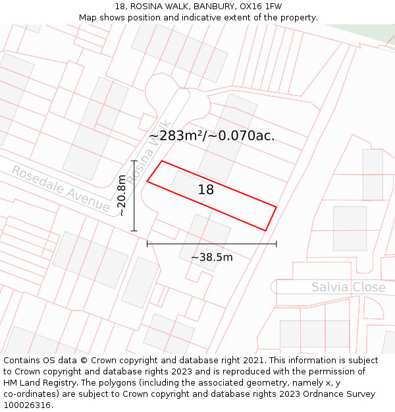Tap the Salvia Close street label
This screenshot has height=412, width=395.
click(348, 287)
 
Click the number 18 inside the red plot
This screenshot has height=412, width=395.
click(206, 190)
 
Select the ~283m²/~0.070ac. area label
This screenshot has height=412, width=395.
click(211, 136)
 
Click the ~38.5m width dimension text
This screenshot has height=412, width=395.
click(211, 257)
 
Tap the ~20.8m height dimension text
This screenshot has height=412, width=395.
click(121, 196)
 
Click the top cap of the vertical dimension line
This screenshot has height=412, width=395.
click(134, 160)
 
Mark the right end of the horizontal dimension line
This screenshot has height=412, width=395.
click(276, 244)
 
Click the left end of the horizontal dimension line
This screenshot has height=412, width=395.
click(147, 244)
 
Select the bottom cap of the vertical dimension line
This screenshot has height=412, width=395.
click(134, 231)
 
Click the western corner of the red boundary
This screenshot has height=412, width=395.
click(147, 181)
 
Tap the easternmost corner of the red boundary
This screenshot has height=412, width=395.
click(276, 208)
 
